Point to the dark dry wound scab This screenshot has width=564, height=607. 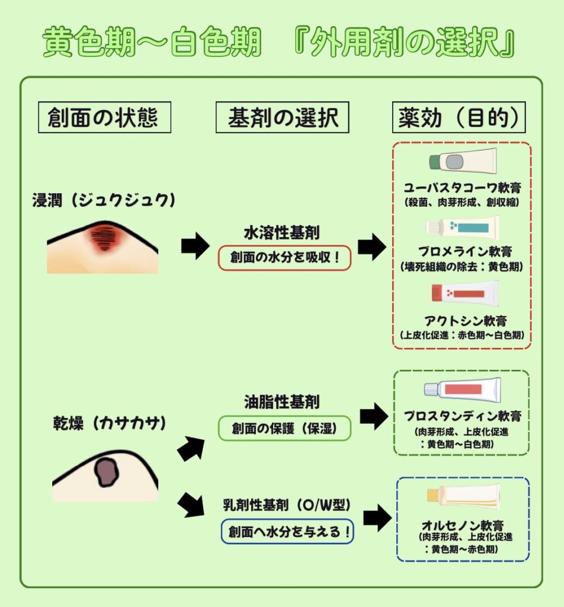[107, 472]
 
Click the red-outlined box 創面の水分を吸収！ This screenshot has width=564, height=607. [284, 258]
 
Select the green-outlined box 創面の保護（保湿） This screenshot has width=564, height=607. [284, 429]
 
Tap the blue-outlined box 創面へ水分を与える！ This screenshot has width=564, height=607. [287, 531]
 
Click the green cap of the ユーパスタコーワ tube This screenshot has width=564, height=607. [436, 160]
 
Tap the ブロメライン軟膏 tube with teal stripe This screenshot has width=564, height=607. [462, 227]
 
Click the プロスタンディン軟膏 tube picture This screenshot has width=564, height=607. [462, 389]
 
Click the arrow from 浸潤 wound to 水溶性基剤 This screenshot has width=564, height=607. [195, 245]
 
